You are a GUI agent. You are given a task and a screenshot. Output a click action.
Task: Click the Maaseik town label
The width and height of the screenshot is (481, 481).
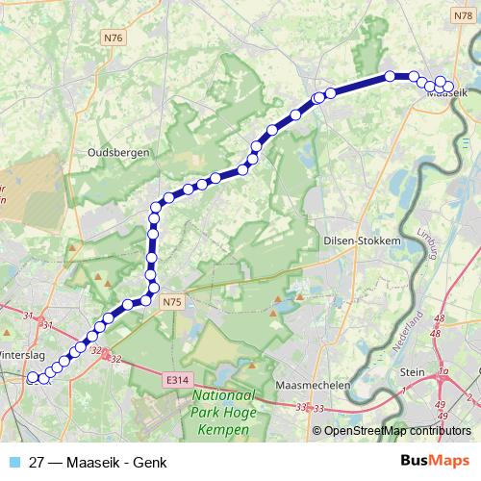[x=445, y=94]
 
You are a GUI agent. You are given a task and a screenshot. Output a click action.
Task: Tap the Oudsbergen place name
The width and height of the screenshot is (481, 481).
[x=115, y=152]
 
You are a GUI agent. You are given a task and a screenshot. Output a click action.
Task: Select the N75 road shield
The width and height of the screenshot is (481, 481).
[x=171, y=302]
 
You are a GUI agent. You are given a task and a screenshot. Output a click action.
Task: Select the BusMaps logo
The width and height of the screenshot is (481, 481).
[x=435, y=461]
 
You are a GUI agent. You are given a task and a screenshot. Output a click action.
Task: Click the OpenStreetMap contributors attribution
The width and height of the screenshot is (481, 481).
[x=397, y=432]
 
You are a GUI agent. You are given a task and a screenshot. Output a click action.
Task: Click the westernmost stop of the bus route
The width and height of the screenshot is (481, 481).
[x=32, y=378]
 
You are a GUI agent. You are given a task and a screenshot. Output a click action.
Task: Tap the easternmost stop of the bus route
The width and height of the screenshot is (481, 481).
[x=448, y=87]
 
